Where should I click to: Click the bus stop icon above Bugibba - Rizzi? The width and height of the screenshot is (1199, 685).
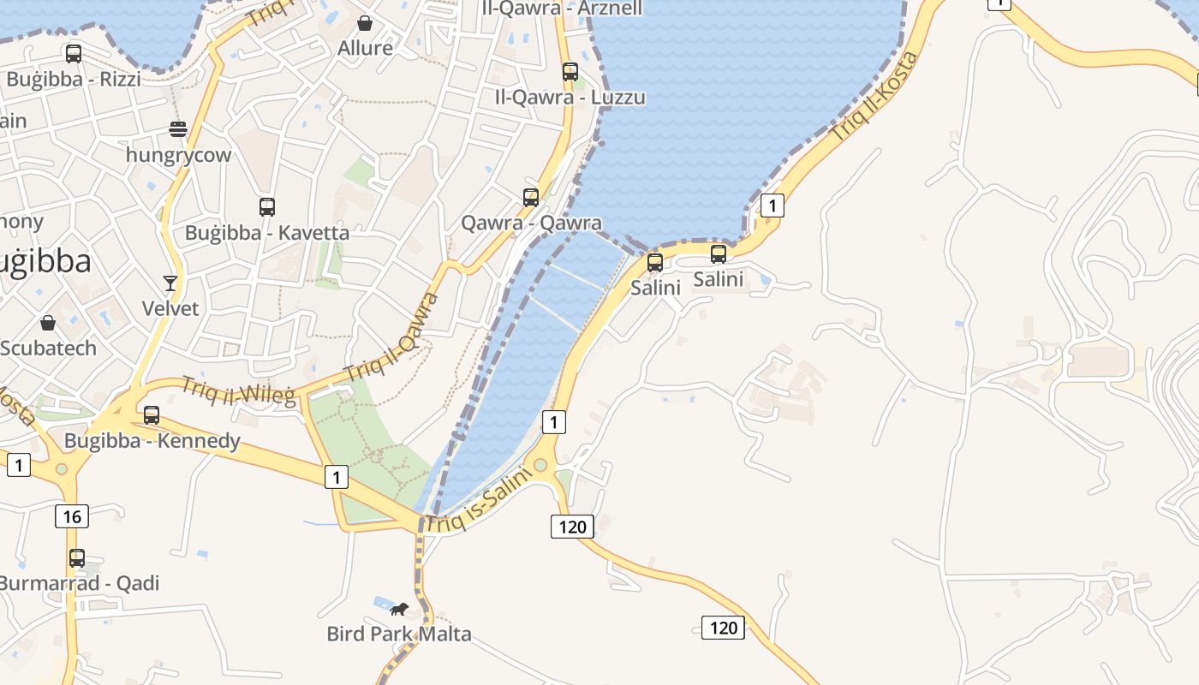point(74,54)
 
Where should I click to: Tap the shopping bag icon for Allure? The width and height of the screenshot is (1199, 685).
point(365,23)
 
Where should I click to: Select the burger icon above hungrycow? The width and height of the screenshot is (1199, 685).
point(178,129)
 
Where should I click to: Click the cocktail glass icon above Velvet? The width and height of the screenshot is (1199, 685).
point(170,283)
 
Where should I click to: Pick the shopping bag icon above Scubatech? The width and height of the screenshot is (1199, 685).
point(48,323)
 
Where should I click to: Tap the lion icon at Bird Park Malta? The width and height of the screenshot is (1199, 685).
point(399,609)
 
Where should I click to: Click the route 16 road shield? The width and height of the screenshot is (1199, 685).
point(72,515)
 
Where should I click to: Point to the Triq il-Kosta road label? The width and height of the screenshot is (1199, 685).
point(875,96)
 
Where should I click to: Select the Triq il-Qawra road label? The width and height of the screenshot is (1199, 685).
point(392,337)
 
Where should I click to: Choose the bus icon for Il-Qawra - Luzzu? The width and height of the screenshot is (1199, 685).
point(570,72)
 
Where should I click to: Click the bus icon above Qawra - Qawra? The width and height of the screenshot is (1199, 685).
point(531,198)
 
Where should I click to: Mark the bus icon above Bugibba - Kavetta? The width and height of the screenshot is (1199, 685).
point(267,206)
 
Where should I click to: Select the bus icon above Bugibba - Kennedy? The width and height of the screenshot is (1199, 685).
point(152,415)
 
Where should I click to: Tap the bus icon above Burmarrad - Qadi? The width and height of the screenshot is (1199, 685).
point(77,558)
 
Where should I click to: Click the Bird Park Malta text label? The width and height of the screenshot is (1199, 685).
point(399,634)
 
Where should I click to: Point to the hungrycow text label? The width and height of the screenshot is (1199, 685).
point(178,155)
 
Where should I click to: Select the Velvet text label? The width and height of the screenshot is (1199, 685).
point(170,308)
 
